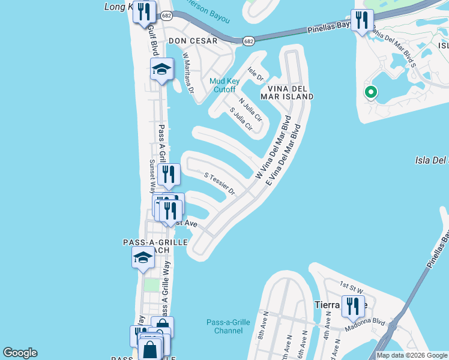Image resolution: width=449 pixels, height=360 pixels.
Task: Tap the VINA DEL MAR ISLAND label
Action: click(287, 92)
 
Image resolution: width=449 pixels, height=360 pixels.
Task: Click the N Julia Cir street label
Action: click(250, 110)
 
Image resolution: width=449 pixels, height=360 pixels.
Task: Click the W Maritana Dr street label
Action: click(189, 76)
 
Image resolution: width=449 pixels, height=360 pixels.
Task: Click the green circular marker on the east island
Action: click(370, 92)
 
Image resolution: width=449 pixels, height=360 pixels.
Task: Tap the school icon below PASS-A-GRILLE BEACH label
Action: click(143, 258)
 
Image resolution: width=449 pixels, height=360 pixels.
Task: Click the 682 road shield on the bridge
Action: click(249, 41)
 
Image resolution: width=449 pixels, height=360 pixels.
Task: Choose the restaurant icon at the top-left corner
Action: click(144, 12)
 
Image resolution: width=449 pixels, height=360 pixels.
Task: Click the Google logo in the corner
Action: click(20, 353)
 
